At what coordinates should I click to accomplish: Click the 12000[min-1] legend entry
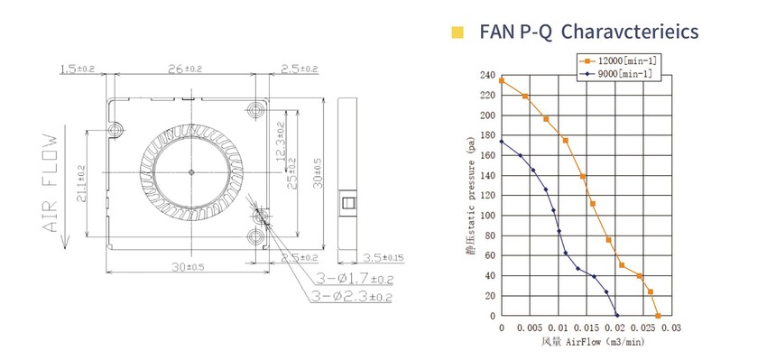tap(621, 61)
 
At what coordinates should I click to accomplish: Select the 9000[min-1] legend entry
tap(617, 74)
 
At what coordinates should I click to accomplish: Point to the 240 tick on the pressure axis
tap(487, 75)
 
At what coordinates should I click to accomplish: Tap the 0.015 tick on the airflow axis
tap(587, 328)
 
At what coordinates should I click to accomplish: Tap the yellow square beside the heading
tap(457, 32)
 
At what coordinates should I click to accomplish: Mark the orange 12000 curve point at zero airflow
tap(502, 80)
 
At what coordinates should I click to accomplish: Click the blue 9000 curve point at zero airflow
tap(502, 141)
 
